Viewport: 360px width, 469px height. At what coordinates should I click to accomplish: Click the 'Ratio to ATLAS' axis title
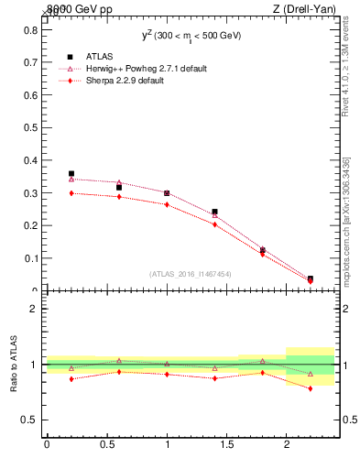coord(14,364)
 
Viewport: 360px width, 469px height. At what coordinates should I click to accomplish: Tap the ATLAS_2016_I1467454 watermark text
coord(190,273)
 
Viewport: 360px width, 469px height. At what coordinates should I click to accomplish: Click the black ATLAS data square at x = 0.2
coord(71,173)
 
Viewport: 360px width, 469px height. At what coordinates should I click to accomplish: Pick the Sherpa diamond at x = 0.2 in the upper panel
coord(71,193)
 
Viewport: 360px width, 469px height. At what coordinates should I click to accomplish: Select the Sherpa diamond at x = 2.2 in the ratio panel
coord(311,388)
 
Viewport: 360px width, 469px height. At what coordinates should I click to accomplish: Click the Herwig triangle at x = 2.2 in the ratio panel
coord(311,374)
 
